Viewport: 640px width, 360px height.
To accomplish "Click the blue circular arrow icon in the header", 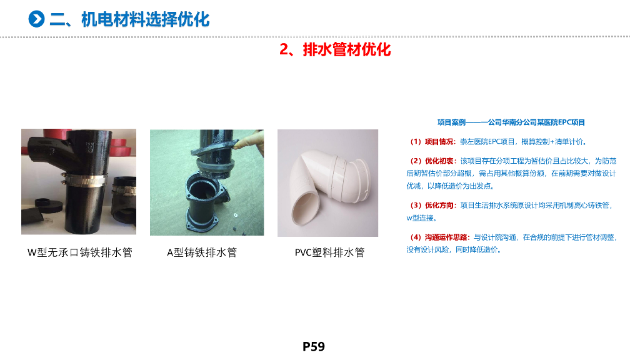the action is click(x=36, y=19).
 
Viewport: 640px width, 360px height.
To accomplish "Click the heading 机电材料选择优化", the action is click(x=145, y=19).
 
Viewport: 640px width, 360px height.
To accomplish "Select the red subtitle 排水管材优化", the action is click(x=346, y=49).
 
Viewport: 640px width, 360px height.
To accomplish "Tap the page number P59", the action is click(x=314, y=346).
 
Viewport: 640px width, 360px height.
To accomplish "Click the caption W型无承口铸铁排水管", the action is click(x=80, y=252).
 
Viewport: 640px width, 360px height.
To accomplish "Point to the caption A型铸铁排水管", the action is click(x=202, y=252).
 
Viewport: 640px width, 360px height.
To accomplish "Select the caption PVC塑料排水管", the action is click(x=330, y=252).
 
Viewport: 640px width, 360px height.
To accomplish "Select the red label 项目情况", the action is click(x=439, y=142).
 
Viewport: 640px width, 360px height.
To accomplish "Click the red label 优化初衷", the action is click(x=439, y=161).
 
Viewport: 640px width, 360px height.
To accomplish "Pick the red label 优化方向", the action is click(x=439, y=205).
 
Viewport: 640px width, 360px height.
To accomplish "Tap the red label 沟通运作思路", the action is click(x=446, y=237).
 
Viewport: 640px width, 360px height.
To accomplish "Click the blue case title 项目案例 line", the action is click(x=511, y=122).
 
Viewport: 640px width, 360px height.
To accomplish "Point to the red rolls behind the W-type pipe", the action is click(x=122, y=147).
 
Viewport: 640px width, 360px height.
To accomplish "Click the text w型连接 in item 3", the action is click(x=420, y=218).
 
